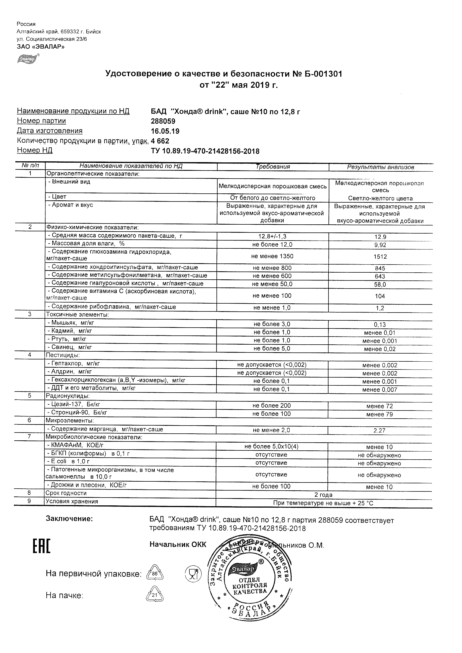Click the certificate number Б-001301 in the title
click(x=322, y=74)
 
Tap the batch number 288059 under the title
click(x=163, y=121)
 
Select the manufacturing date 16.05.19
click(x=165, y=131)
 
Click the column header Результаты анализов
click(x=380, y=167)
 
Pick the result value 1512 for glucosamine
click(x=380, y=256)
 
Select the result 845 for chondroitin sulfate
click(x=380, y=268)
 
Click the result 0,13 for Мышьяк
click(x=380, y=325)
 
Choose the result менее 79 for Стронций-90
click(x=379, y=414)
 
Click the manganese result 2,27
click(x=379, y=431)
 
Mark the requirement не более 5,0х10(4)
click(x=271, y=446)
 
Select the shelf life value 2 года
click(x=323, y=495)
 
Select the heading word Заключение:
click(x=69, y=519)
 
